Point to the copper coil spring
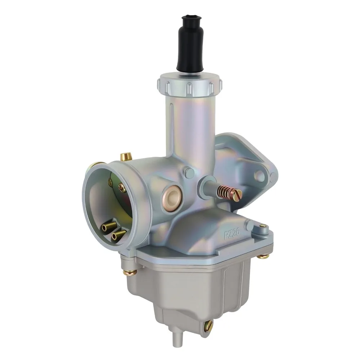click(224, 192)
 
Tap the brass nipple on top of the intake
click(126, 157)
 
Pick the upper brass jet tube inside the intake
click(109, 226)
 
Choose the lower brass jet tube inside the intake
click(118, 234)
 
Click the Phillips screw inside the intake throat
click(122, 188)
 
